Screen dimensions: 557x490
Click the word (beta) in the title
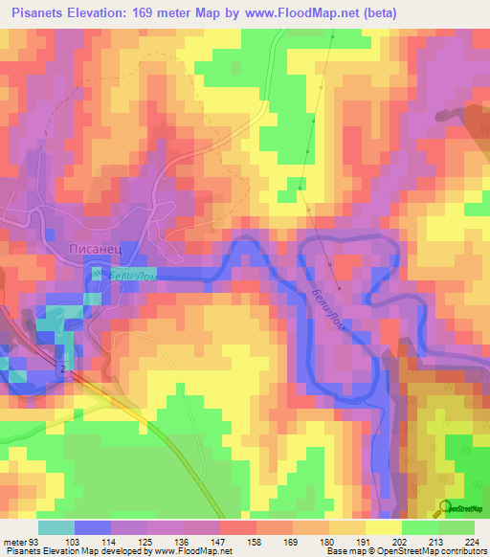(378, 12)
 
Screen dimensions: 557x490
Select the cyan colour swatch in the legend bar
(56, 527)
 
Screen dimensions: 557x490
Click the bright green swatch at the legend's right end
(457, 527)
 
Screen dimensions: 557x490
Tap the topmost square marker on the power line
(333, 36)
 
